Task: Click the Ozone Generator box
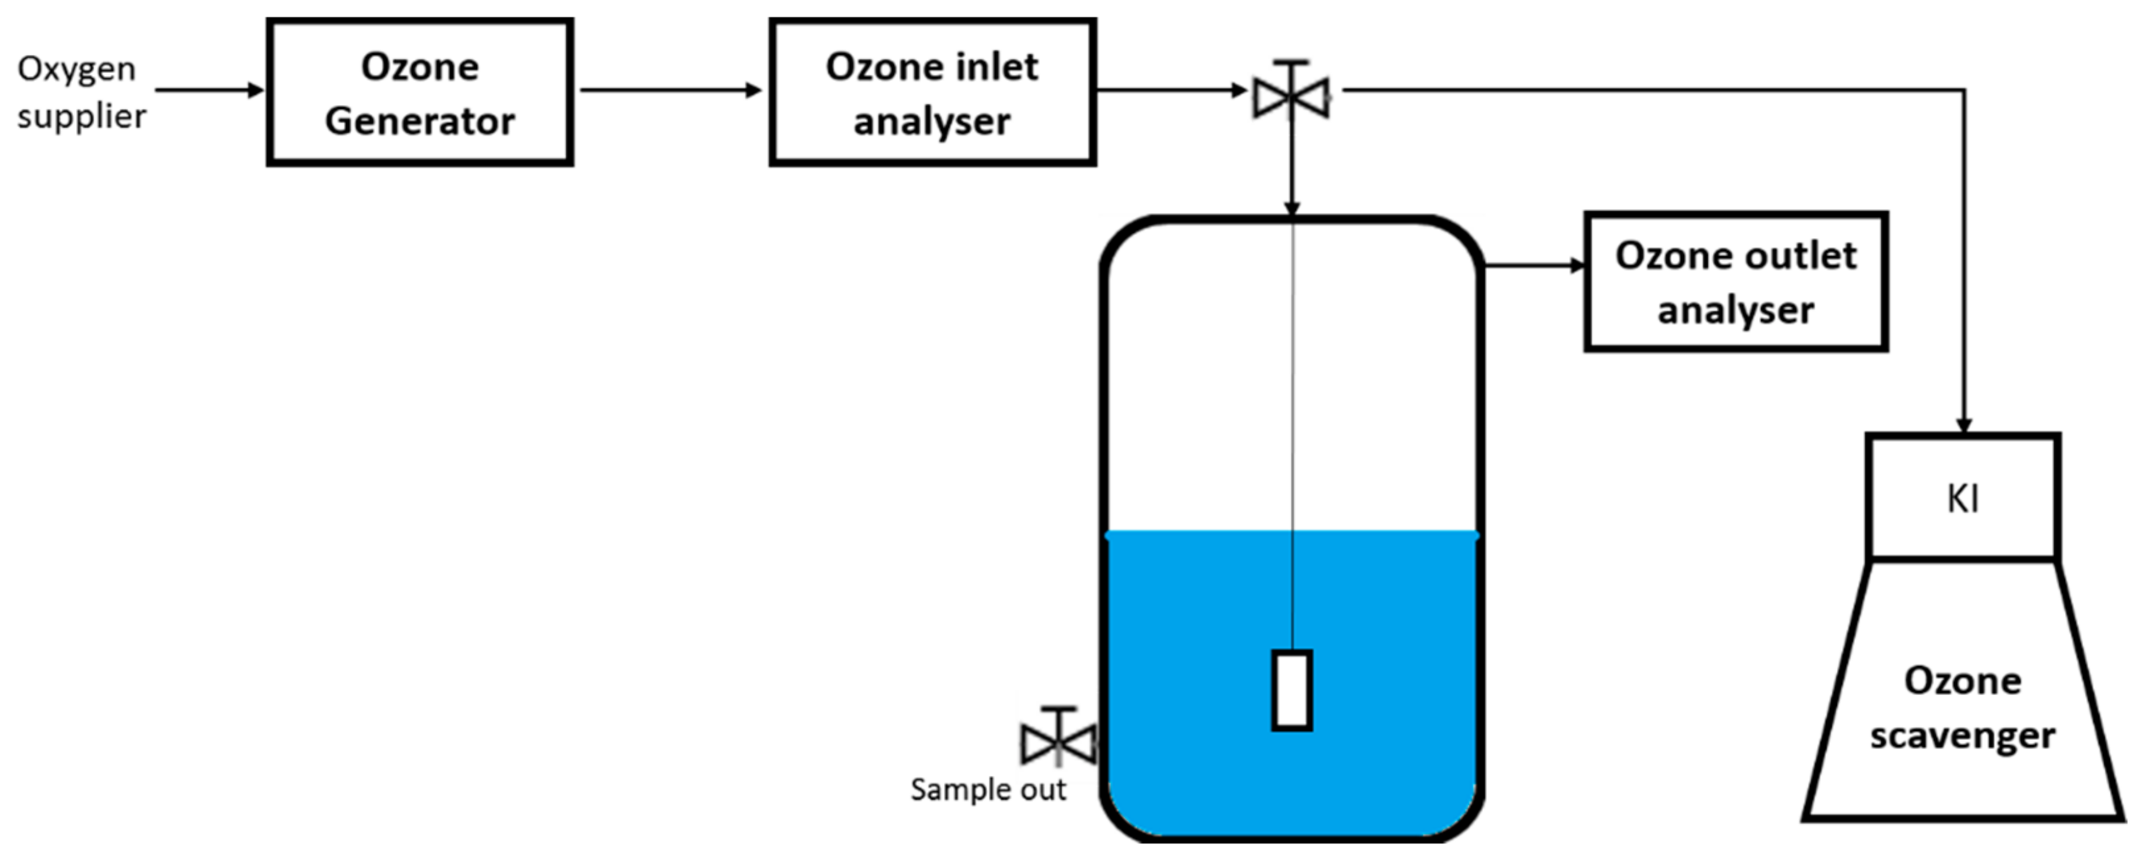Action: tap(419, 92)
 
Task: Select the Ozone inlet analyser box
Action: tap(931, 92)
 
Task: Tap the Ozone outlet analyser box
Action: tap(1735, 281)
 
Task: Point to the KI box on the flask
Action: tap(1963, 498)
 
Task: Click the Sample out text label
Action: tap(988, 790)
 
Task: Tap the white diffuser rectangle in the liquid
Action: tap(1292, 691)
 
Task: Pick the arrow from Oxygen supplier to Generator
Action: tap(208, 90)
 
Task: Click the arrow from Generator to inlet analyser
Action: tap(670, 90)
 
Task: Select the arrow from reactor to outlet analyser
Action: tap(1535, 266)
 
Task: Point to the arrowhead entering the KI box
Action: tap(1963, 424)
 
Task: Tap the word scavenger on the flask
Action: tap(1963, 735)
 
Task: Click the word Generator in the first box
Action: tap(419, 121)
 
